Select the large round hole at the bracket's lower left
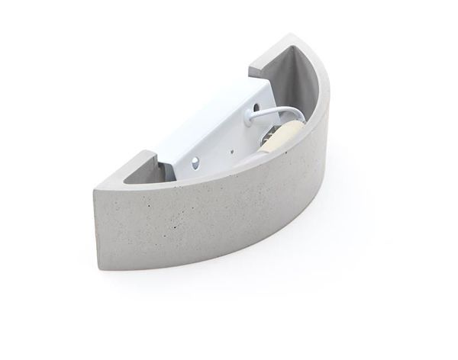tap(196, 162)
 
